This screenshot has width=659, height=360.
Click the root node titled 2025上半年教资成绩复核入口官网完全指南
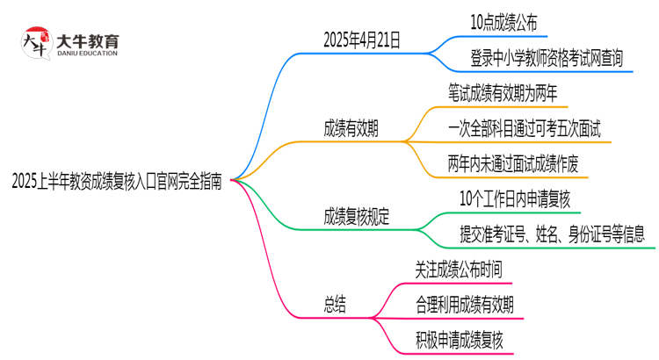[x=117, y=182]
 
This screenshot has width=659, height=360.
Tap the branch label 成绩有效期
[x=351, y=128]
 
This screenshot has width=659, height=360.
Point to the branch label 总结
[x=335, y=304]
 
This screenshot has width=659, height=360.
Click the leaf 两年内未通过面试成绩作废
[x=511, y=164]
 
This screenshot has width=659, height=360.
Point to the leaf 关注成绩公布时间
[x=458, y=267]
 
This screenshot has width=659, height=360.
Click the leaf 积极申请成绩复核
[x=458, y=340]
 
